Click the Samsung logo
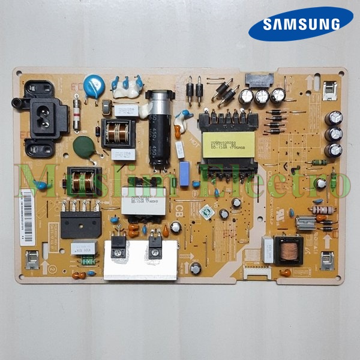tap(301, 24)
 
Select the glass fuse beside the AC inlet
tap(77, 115)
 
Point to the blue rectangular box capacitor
tap(184, 173)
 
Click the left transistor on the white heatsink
tap(118, 247)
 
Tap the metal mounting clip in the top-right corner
tap(329, 91)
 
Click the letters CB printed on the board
tap(179, 210)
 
